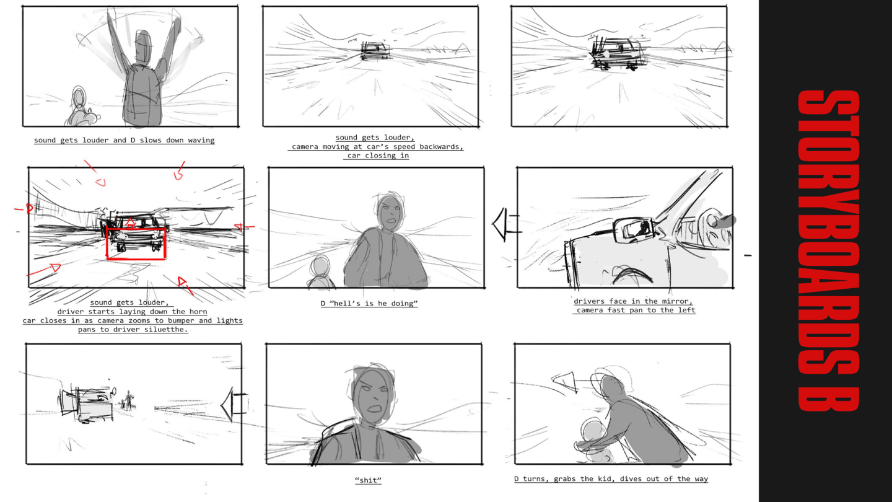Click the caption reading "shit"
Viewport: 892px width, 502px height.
tap(368, 480)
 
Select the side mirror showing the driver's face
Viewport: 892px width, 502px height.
tap(634, 230)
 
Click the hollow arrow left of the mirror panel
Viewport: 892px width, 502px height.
tap(505, 224)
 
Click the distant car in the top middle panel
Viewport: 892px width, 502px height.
tap(375, 51)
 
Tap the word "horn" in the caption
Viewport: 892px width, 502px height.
tap(198, 312)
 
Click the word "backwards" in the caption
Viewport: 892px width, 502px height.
tap(440, 147)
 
